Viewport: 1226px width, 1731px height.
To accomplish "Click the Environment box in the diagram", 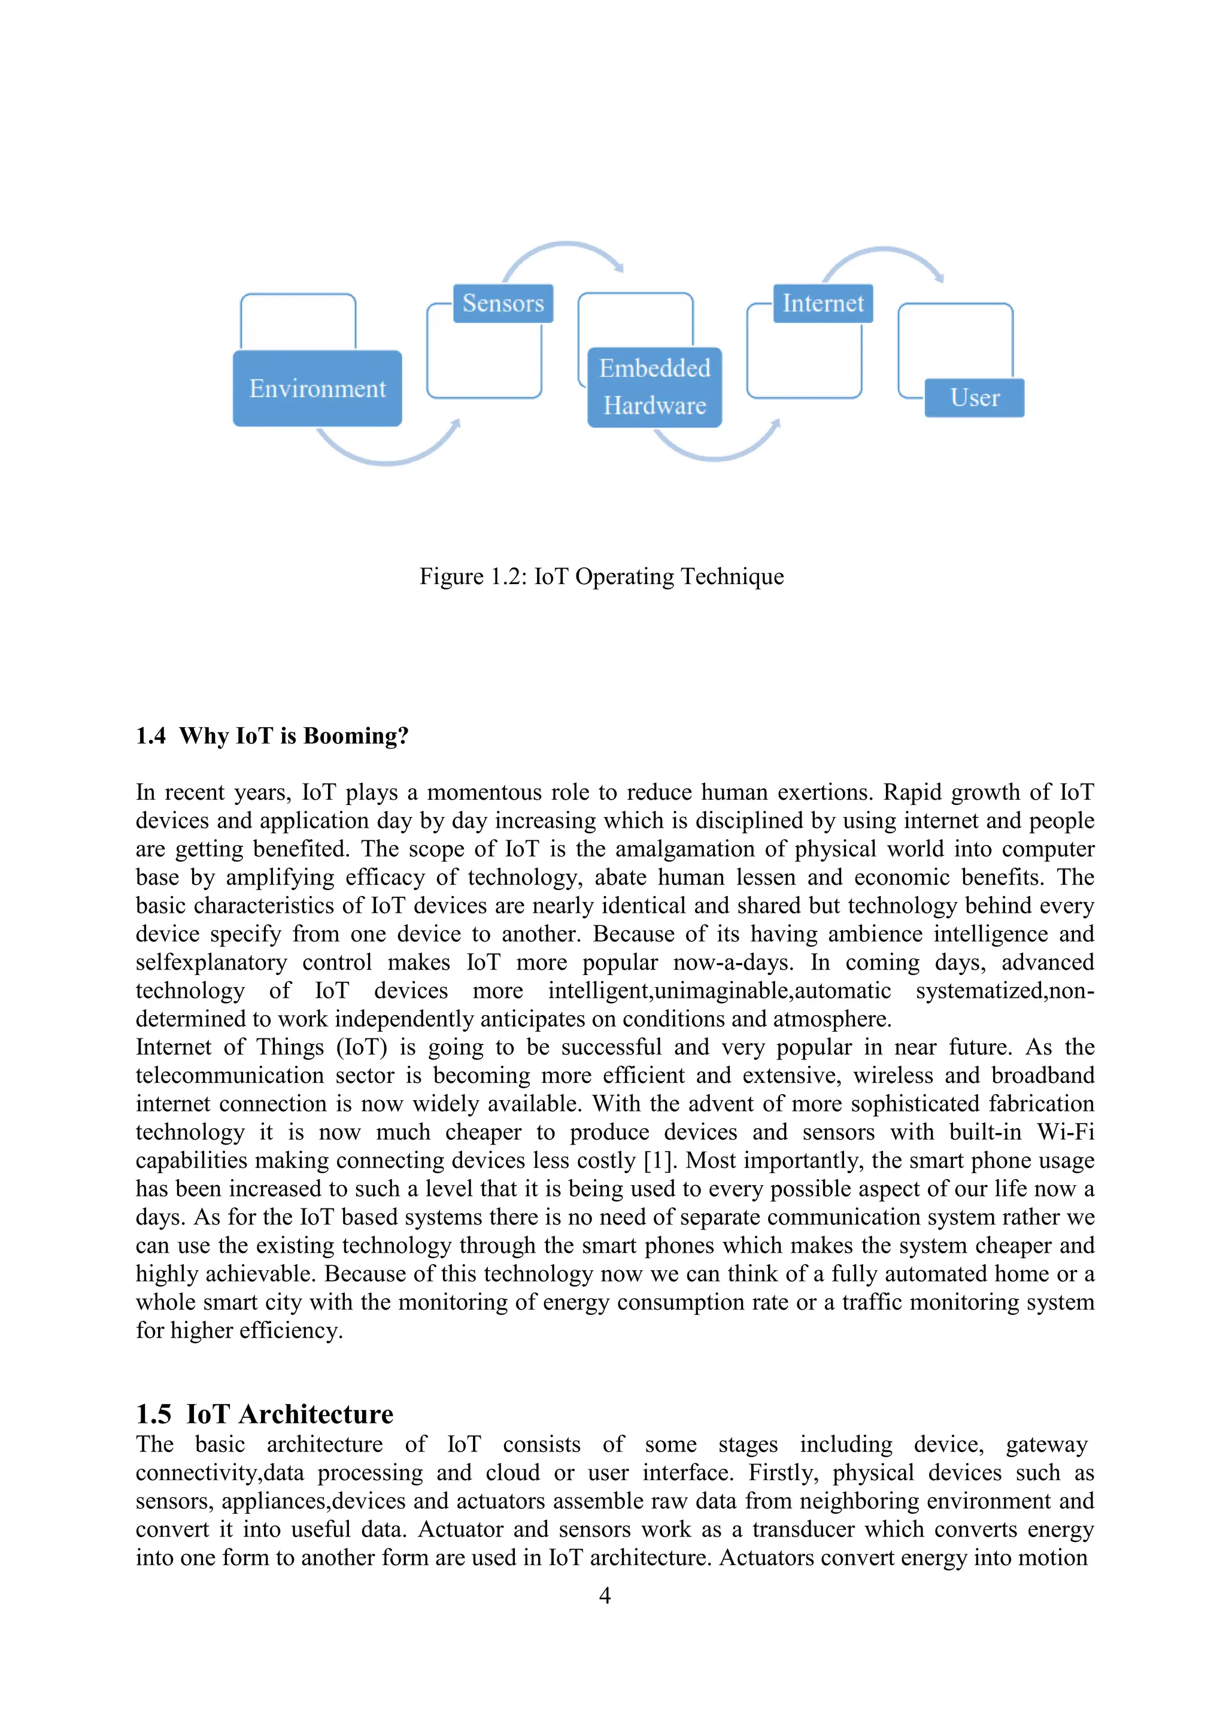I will [x=317, y=388].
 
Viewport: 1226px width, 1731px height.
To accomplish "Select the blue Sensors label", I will [x=503, y=303].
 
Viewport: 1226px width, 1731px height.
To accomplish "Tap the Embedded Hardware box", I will [x=654, y=387].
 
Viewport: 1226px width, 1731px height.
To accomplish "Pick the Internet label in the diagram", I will [x=823, y=303].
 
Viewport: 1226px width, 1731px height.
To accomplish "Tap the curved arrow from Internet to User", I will [x=883, y=251].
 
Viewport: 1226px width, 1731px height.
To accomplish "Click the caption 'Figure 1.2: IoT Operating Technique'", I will [x=602, y=577].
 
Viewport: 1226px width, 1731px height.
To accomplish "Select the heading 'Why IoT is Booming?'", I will [x=294, y=736].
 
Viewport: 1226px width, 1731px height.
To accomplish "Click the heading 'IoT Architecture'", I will [x=290, y=1414].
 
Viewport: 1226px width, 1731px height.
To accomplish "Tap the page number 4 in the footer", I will [x=605, y=1595].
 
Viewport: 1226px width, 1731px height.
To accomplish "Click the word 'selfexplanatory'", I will [x=211, y=962].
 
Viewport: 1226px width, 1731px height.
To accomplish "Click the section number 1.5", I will [x=154, y=1414].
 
